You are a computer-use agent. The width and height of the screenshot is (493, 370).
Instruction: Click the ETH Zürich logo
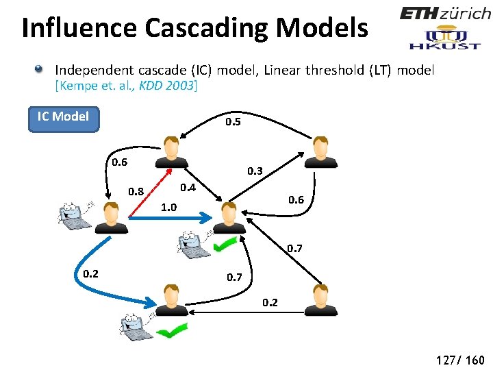point(445,13)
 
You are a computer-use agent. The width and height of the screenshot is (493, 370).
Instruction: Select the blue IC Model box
point(63,116)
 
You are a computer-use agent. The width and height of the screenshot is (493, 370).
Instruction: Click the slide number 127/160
point(457,360)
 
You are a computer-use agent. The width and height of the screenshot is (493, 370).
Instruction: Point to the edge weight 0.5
point(233,122)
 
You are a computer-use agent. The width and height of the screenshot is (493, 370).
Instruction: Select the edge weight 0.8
point(136,191)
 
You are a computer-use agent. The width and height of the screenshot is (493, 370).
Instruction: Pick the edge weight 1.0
point(168,207)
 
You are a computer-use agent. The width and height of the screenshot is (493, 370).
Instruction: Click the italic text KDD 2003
point(166,86)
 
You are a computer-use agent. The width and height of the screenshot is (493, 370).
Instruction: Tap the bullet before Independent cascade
point(40,69)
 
